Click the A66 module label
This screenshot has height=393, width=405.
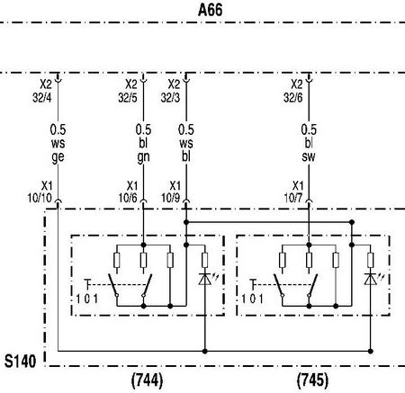[x=211, y=10]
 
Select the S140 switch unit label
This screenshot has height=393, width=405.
[x=20, y=361]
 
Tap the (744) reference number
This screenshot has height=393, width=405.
[x=148, y=380]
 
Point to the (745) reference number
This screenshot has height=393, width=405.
[x=312, y=380]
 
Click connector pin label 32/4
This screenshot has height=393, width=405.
[x=42, y=97]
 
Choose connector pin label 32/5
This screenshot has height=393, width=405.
[x=128, y=97]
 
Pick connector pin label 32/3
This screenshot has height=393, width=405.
[x=170, y=97]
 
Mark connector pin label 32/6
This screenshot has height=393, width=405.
[x=293, y=97]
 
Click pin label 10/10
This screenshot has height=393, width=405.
[x=40, y=198]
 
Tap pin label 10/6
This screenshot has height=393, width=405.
[x=128, y=198]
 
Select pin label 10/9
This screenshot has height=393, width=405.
[x=170, y=198]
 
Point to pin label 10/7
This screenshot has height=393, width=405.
[x=293, y=198]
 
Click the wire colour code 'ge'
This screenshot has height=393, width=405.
[x=58, y=157]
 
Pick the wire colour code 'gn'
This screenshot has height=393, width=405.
[x=143, y=157]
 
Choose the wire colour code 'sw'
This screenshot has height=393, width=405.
[x=309, y=156]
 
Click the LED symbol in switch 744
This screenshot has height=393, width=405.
[x=206, y=279]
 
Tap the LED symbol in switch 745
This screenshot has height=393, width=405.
[x=371, y=279]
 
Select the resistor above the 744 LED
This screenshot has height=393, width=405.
[x=205, y=260]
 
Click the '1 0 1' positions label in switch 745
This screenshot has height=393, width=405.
[x=252, y=299]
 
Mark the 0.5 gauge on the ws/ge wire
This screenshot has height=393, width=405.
[x=58, y=130]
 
